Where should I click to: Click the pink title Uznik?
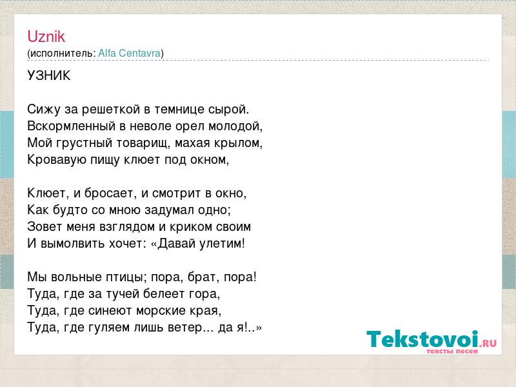click(46, 36)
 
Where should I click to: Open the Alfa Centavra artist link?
click(130, 53)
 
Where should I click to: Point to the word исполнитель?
click(61, 54)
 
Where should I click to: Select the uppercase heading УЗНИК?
click(49, 75)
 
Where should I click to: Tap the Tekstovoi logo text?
click(423, 339)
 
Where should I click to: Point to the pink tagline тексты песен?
click(452, 351)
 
